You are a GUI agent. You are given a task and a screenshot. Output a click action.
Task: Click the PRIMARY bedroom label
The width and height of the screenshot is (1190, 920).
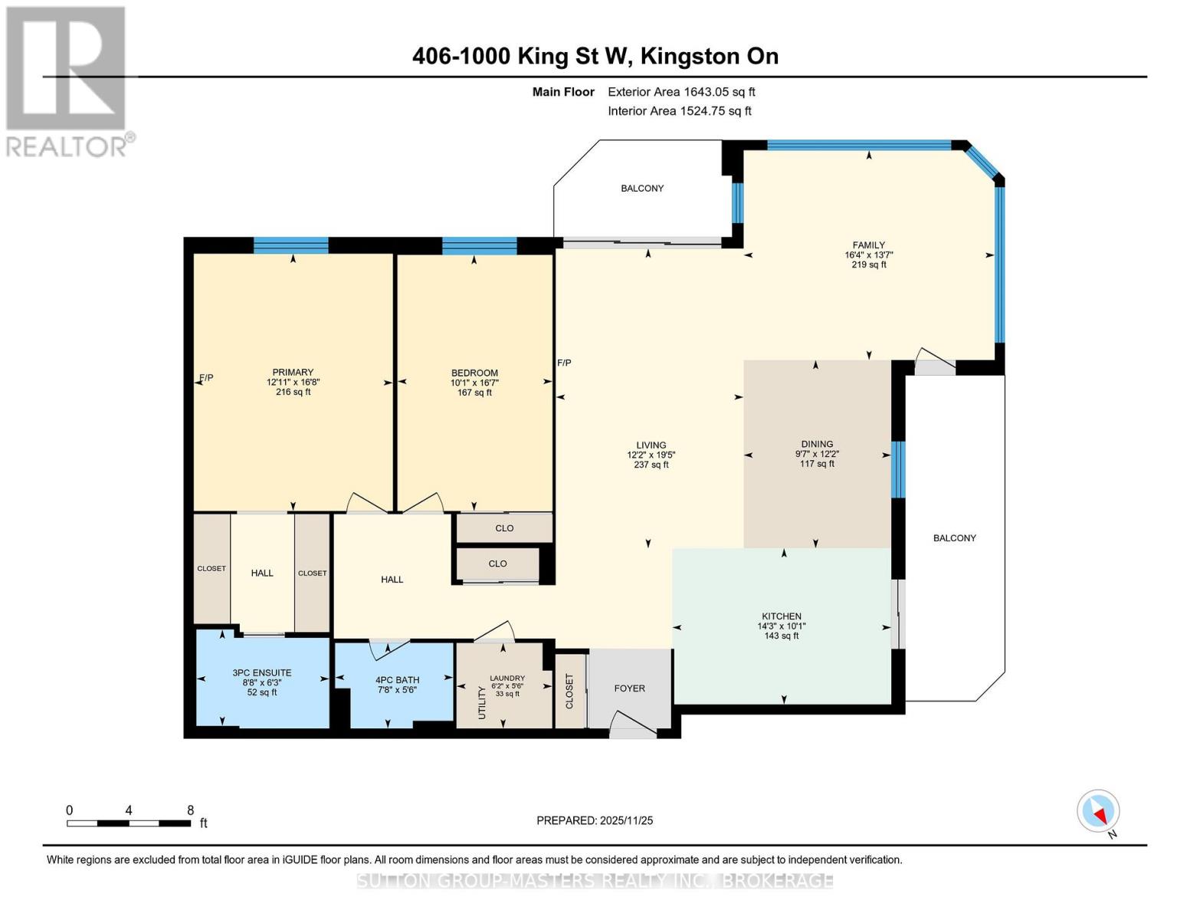pos(293,372)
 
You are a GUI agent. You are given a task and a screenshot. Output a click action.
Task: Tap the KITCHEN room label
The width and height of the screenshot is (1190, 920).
pos(781,616)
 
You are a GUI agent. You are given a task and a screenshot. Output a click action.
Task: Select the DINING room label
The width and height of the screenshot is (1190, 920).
pos(817,444)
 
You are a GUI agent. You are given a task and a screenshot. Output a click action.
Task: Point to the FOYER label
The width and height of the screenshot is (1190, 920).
pos(629,688)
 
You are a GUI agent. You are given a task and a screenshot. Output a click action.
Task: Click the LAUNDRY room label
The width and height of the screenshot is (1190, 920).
pos(507,678)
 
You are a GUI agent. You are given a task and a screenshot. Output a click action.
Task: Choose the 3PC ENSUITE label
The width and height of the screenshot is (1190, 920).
pos(262,673)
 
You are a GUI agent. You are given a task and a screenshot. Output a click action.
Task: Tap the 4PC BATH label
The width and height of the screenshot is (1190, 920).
pos(397,680)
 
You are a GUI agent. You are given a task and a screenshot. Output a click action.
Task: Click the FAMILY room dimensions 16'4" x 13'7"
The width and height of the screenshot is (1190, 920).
pos(868,255)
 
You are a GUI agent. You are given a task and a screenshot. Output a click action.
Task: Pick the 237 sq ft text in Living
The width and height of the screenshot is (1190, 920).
pos(651,465)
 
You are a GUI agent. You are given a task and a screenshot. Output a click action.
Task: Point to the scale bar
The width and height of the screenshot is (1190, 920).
pos(129,823)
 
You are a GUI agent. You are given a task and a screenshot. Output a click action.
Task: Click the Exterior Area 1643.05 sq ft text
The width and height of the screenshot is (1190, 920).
pos(681,92)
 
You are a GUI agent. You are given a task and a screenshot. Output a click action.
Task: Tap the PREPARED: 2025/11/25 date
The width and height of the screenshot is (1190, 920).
pos(594,820)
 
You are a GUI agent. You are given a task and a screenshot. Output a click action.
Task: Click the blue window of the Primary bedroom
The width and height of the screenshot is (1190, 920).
pos(290,245)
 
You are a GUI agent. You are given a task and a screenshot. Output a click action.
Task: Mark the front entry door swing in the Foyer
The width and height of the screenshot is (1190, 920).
pos(632,725)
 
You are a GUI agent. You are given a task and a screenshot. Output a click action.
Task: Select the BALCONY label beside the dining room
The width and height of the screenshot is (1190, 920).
pos(955,538)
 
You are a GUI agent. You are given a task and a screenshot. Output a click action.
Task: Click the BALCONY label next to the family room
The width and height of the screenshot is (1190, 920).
pos(642,189)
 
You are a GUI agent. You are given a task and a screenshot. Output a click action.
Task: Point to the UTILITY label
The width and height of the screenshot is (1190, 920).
pos(482,703)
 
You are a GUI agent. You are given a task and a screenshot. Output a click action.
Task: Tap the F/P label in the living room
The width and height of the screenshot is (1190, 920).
pos(564,363)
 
